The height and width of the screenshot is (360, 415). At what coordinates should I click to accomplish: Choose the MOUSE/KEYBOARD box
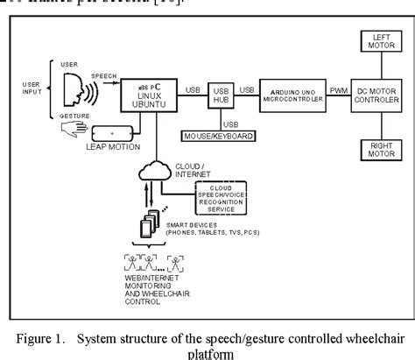coord(215,137)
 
